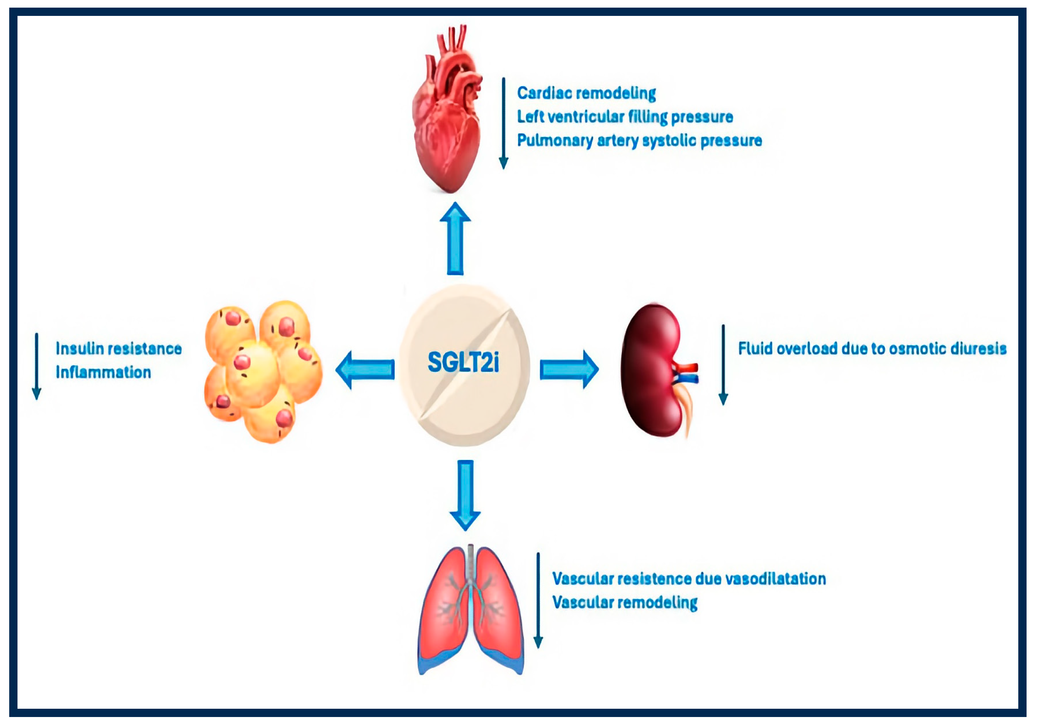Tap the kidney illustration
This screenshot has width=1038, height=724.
(x=654, y=371)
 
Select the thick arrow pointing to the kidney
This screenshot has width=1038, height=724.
(x=569, y=370)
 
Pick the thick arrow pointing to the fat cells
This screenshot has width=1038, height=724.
(x=365, y=370)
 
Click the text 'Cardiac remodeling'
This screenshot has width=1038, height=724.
(x=586, y=93)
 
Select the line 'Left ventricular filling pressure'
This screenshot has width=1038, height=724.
(x=625, y=117)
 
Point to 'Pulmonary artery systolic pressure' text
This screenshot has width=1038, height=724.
(x=639, y=140)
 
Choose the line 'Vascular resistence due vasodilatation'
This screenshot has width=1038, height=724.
(x=689, y=579)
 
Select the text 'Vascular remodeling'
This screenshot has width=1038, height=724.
(x=625, y=602)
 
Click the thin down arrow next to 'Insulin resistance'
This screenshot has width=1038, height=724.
(x=37, y=366)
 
